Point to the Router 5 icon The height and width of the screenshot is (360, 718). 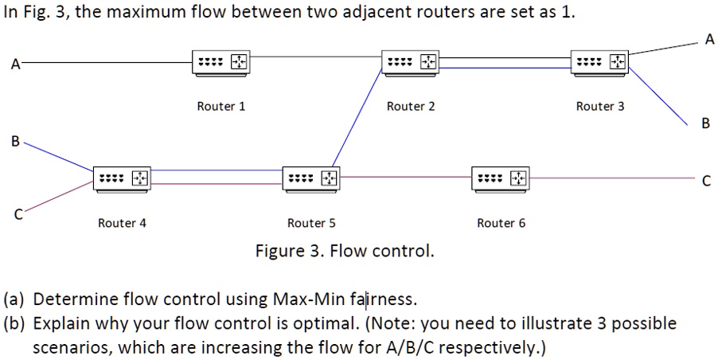310,178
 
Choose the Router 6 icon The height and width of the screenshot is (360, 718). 500,178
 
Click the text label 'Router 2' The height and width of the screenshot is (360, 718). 411,106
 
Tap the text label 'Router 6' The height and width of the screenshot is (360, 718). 501,223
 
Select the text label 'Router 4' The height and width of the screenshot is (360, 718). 122,223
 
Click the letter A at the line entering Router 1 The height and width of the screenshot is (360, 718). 14,64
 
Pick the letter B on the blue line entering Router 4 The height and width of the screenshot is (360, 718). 14,142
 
